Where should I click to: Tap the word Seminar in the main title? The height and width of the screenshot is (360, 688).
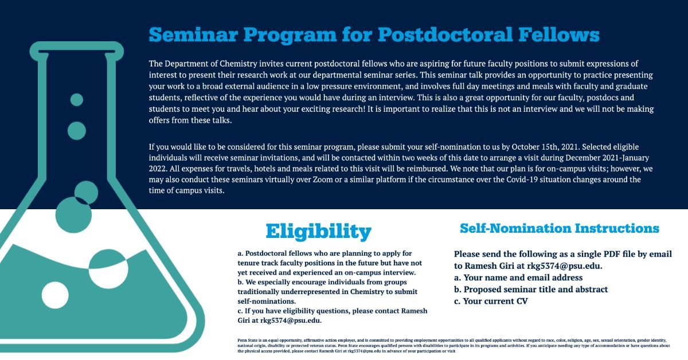[193, 34]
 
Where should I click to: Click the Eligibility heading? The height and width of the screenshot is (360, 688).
[318, 231]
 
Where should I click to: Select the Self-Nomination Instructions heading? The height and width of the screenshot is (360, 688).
[560, 228]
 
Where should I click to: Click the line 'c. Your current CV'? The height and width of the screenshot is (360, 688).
[491, 301]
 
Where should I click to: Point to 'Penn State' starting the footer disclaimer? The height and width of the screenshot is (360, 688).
[247, 340]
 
